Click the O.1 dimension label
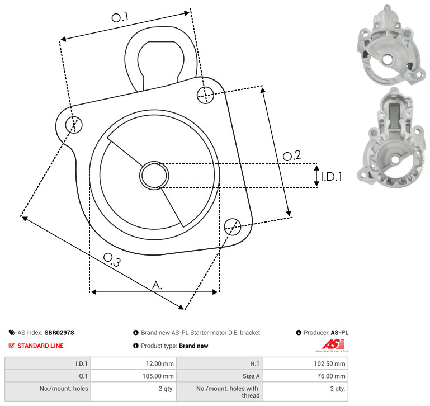click(x=120, y=17)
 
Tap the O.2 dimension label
click(x=292, y=155)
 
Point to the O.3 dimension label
click(x=112, y=259)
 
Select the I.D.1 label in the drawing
click(x=332, y=177)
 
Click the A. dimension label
click(x=157, y=285)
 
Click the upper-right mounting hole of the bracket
click(x=205, y=95)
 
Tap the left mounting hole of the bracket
click(x=74, y=125)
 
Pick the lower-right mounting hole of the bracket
click(x=233, y=226)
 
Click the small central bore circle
click(x=154, y=175)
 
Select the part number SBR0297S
click(x=59, y=333)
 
